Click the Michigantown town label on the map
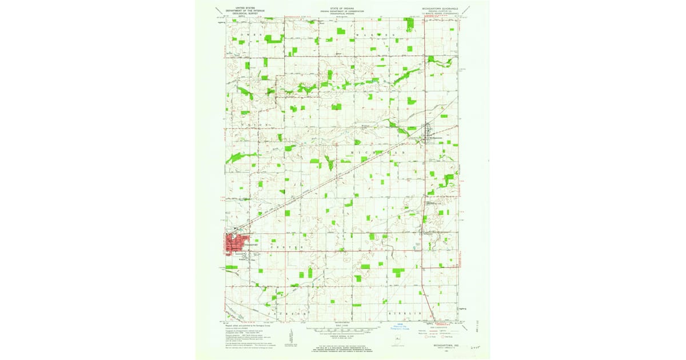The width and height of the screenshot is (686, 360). click(x=436, y=137)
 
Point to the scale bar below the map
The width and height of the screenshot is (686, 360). click(x=342, y=330)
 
